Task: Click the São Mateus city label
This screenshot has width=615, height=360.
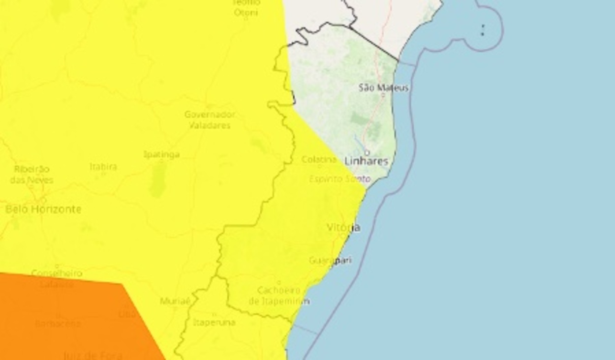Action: pos(384,88)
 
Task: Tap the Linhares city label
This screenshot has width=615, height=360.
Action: pos(366,161)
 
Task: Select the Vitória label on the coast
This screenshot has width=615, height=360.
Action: pos(343,227)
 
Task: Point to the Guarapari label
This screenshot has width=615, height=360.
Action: pos(331,260)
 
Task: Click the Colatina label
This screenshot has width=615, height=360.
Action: pos(319,159)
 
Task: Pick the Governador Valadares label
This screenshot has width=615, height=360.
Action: pos(210,120)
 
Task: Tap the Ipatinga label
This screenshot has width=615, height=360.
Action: pos(161,154)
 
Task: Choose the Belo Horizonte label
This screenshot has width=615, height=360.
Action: pos(43,209)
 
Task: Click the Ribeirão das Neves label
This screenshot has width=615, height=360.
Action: pos(31,174)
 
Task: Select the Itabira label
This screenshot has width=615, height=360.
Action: pos(103,167)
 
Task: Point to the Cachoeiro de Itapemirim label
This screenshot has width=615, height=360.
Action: pos(279,296)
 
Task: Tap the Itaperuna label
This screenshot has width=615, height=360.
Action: pos(214,323)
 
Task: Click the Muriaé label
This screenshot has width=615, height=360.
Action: pos(175,301)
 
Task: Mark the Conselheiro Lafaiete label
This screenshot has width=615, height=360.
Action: pos(57,278)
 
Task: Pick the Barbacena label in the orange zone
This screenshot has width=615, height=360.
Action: pos(58,324)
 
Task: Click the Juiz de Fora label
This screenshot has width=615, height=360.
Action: pos(92,354)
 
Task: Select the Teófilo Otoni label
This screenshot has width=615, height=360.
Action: pos(246,8)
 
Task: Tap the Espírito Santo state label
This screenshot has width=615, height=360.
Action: pos(339,179)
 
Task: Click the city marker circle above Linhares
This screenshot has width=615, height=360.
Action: pos(367,152)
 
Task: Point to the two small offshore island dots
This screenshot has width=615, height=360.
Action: pos(483,30)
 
